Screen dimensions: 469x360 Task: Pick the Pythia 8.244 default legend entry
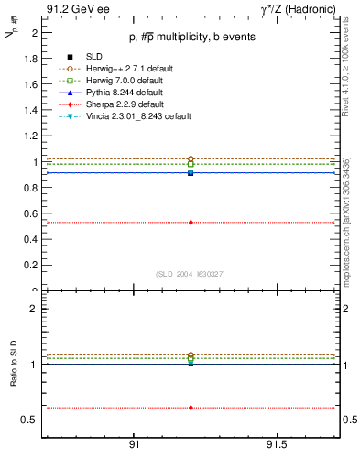click(x=113, y=93)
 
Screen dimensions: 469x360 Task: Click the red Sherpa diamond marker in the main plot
click(x=191, y=222)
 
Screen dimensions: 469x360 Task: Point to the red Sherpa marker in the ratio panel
click(x=191, y=408)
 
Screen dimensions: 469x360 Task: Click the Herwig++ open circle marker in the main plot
click(x=191, y=159)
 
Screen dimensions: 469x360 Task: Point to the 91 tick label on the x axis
click(x=135, y=445)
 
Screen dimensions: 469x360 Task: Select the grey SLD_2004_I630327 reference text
click(x=191, y=274)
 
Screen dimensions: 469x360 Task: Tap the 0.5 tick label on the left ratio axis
click(x=30, y=420)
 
